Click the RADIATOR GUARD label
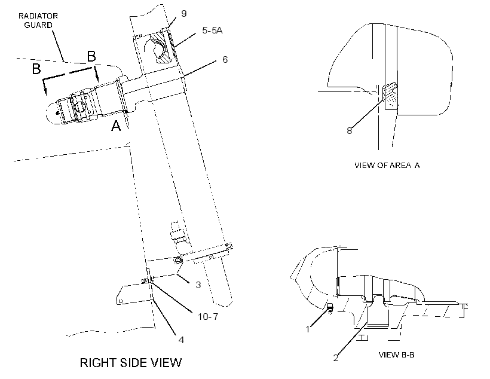tap(38, 20)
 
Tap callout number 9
tap(184, 13)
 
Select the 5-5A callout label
tap(212, 30)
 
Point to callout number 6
tap(225, 59)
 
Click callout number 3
tap(198, 285)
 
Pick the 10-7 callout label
tap(208, 316)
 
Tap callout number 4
tap(181, 340)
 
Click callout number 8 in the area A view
tap(350, 130)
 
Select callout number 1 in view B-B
tap(308, 329)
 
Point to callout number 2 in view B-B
tap(336, 357)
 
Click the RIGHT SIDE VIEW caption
tap(131, 363)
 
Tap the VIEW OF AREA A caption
tap(387, 165)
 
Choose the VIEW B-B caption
tap(397, 354)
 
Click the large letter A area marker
tap(117, 126)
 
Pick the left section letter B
tap(36, 69)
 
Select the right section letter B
tap(91, 57)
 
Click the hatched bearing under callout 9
tap(161, 49)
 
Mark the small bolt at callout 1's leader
tap(330, 307)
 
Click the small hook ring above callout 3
tap(178, 259)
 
